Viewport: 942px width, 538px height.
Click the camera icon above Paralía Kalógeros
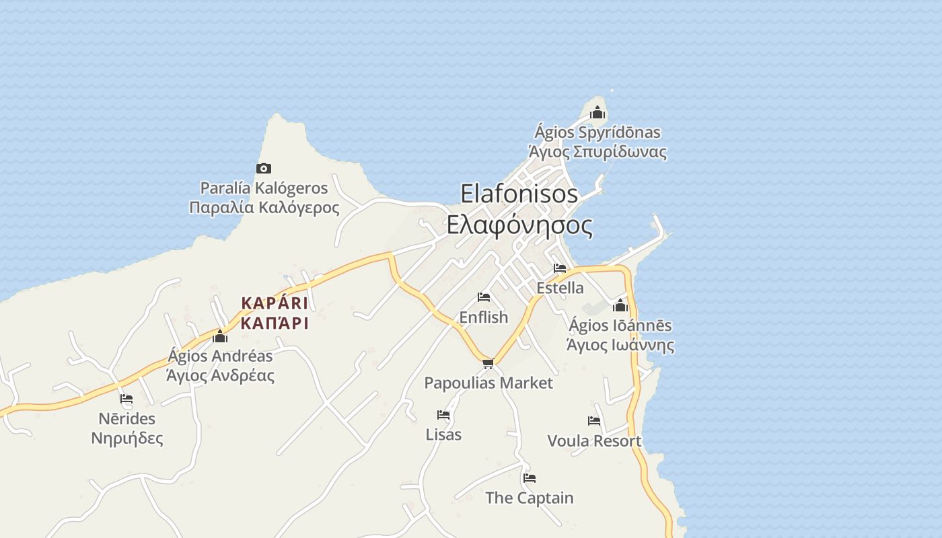tap(264, 168)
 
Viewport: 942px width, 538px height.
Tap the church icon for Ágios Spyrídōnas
tap(597, 112)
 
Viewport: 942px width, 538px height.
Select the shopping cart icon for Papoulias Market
tap(488, 363)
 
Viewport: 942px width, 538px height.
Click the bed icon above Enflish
tap(483, 297)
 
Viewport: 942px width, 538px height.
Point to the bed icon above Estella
tap(559, 268)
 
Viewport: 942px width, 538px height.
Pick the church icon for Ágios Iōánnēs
tap(620, 306)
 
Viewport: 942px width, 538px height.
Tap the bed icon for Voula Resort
tap(593, 421)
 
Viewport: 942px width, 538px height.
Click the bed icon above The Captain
tap(530, 478)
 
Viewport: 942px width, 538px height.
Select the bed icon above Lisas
tap(443, 415)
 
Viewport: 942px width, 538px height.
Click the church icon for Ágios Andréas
tap(220, 336)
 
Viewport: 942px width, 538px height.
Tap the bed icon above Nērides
tap(126, 399)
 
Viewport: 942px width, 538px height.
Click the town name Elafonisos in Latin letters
tap(519, 194)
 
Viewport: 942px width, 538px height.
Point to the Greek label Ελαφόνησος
tap(519, 225)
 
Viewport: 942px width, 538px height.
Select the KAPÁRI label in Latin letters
tap(275, 303)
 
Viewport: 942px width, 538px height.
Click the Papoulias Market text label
tap(488, 383)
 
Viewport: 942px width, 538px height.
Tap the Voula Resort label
tap(594, 441)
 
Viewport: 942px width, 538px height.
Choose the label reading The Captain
tap(530, 498)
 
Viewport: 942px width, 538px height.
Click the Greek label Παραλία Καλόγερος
tap(264, 208)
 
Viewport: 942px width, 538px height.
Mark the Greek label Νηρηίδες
tap(127, 439)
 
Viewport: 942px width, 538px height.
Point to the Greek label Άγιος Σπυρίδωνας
tap(597, 152)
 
